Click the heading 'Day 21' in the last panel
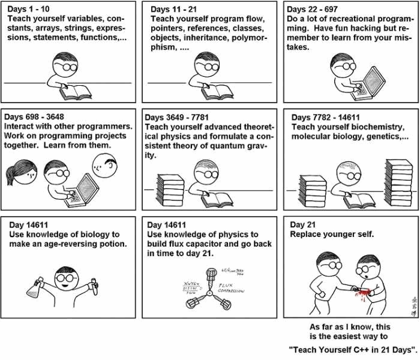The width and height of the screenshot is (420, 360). (x=302, y=224)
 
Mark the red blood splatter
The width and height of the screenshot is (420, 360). (x=361, y=292)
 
